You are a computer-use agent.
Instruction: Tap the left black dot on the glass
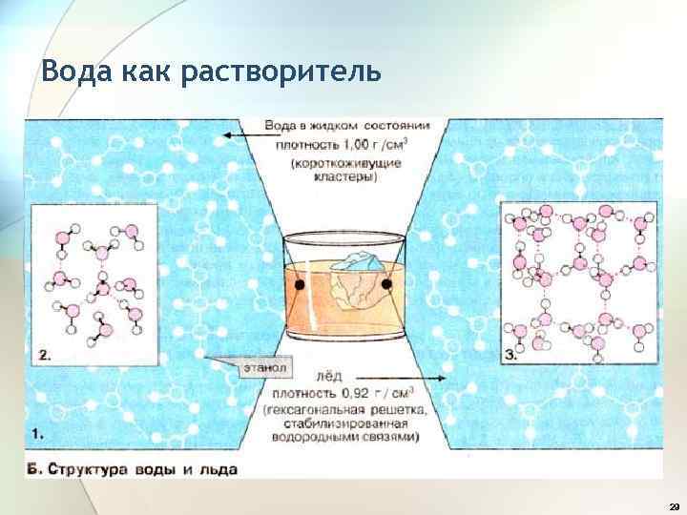(x=298, y=285)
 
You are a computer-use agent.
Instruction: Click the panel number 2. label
(x=46, y=355)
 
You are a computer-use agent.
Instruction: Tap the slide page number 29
(x=675, y=505)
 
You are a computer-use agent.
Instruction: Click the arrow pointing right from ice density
(x=439, y=379)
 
